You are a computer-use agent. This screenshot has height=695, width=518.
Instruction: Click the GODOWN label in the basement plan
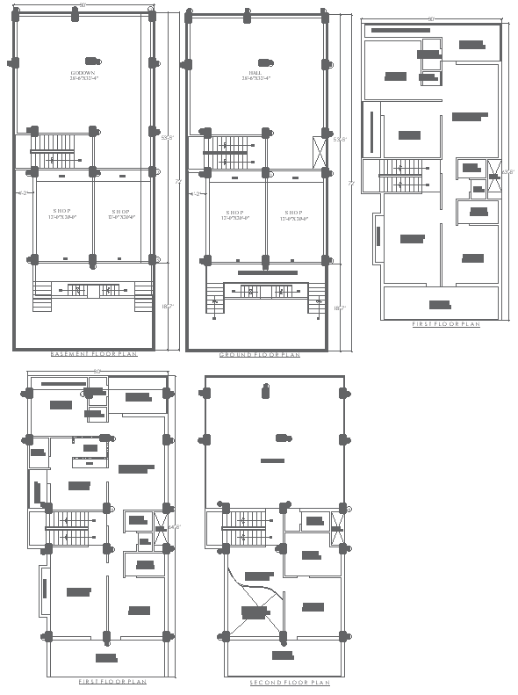pyautogui.click(x=85, y=72)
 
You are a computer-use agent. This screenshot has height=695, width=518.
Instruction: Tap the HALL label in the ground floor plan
pyautogui.click(x=256, y=72)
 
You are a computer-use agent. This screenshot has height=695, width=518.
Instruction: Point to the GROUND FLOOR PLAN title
pyautogui.click(x=260, y=354)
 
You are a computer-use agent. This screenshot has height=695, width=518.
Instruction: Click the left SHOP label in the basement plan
pyautogui.click(x=62, y=213)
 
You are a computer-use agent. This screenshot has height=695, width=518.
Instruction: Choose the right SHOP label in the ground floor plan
pyautogui.click(x=293, y=213)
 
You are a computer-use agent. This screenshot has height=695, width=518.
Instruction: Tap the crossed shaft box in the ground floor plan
pyautogui.click(x=317, y=148)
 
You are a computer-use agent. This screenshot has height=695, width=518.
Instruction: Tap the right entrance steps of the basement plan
pyautogui.click(x=142, y=300)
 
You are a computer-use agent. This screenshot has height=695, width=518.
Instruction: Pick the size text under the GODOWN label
pyautogui.click(x=85, y=79)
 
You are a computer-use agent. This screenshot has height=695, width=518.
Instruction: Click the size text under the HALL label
pyautogui.click(x=256, y=79)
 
